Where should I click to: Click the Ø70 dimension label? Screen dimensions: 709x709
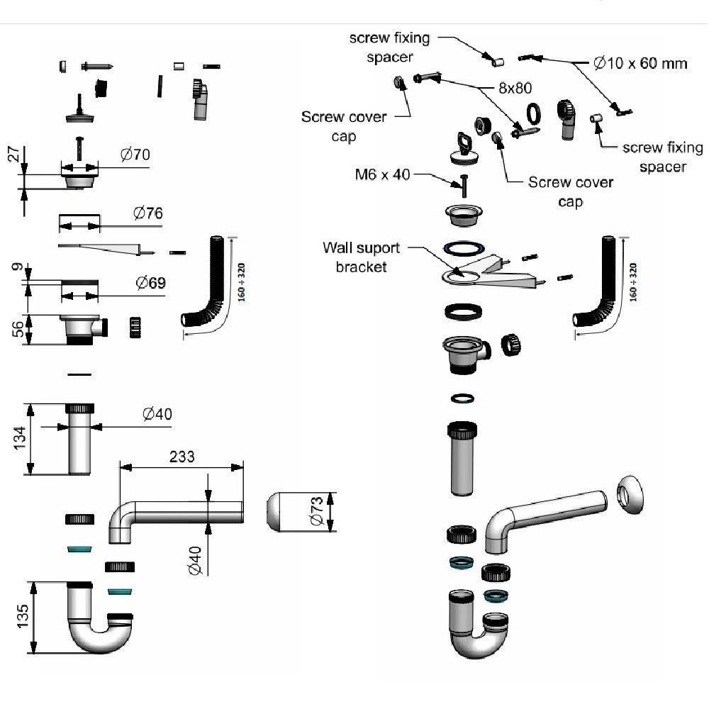point(135,154)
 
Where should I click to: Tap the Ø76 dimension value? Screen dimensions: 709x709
point(147,213)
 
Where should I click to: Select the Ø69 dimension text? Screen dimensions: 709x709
point(150,283)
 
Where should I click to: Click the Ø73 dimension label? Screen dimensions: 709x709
point(317,511)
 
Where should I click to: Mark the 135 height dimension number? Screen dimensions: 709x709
point(22,618)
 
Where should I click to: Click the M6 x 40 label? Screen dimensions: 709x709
point(383,174)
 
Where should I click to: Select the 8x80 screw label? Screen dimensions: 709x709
point(514,88)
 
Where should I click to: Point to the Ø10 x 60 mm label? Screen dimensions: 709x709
point(640,63)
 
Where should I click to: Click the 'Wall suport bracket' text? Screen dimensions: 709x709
point(362,257)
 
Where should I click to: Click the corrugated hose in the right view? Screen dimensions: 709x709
point(601,284)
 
